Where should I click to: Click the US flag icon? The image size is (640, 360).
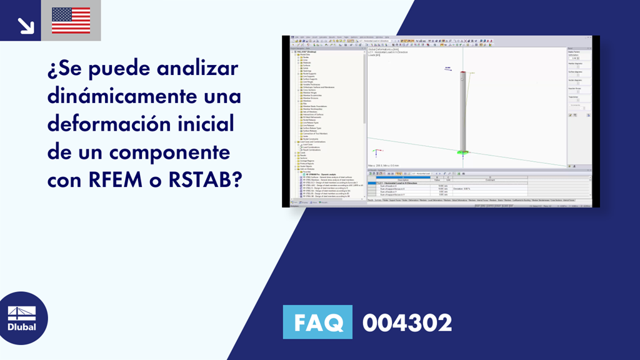point(71,20)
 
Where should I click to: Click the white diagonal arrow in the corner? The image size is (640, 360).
point(25,25)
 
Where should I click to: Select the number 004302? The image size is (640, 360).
point(407,323)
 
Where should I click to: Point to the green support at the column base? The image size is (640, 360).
point(462,152)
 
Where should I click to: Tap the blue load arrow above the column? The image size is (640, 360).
point(447,69)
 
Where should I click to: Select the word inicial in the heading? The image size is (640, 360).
point(202,124)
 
